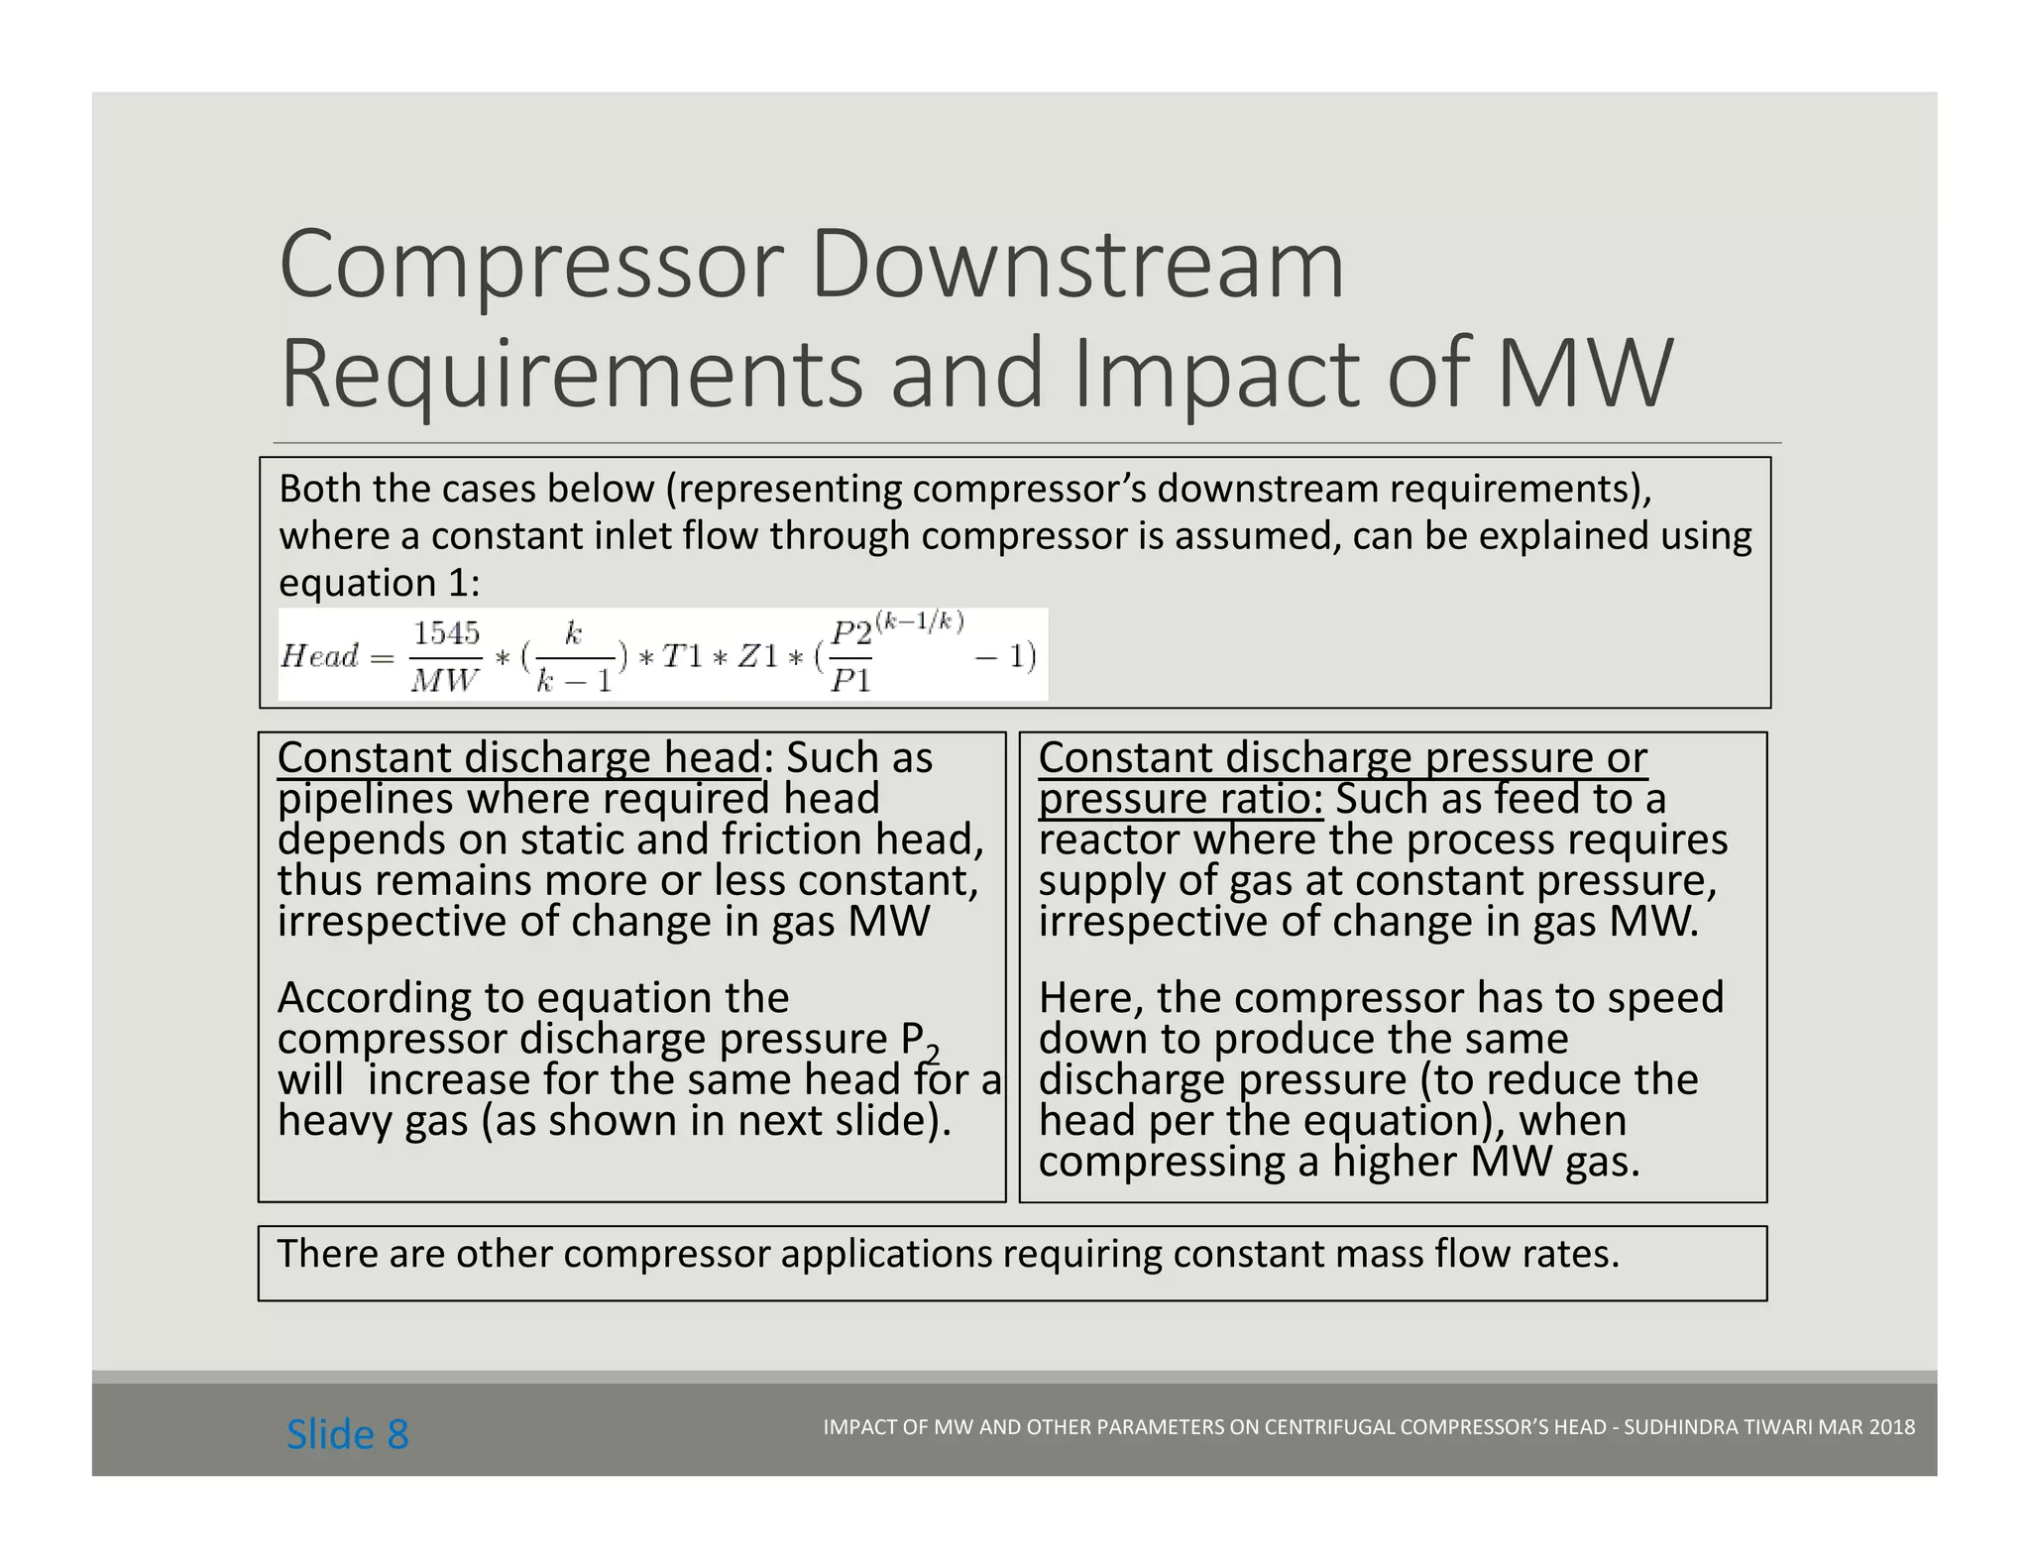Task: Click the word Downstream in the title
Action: pyautogui.click(x=1077, y=265)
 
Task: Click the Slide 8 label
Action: pyautogui.click(x=347, y=1434)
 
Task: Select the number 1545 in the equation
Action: pyautogui.click(x=446, y=633)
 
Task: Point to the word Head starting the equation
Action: pyautogui.click(x=319, y=655)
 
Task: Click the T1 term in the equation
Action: pyautogui.click(x=684, y=656)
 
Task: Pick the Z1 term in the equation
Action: pyautogui.click(x=758, y=656)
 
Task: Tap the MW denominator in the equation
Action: pyautogui.click(x=444, y=680)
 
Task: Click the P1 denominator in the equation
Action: pyautogui.click(x=849, y=681)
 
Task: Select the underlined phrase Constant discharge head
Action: pyautogui.click(x=518, y=757)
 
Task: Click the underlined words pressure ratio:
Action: pyautogui.click(x=1181, y=799)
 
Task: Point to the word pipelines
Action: pyautogui.click(x=363, y=799)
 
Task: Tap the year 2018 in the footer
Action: pyautogui.click(x=1891, y=1427)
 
